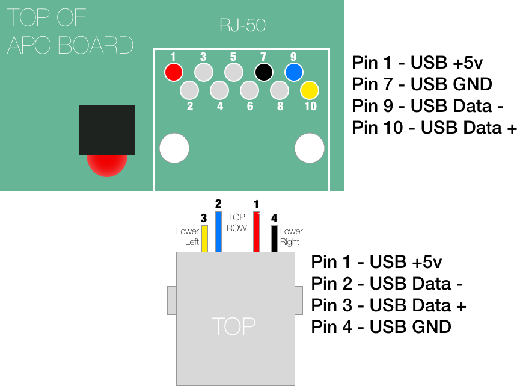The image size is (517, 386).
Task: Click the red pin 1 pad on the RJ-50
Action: (174, 72)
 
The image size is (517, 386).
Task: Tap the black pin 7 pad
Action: (264, 72)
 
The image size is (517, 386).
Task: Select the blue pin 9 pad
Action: (294, 72)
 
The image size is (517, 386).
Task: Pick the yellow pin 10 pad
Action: (310, 90)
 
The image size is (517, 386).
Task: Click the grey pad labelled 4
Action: (219, 90)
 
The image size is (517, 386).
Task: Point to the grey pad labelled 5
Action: (234, 72)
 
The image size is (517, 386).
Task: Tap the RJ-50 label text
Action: (242, 25)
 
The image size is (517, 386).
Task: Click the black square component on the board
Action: (106, 129)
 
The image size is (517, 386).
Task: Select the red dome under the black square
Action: (107, 166)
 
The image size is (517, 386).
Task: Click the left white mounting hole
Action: (174, 148)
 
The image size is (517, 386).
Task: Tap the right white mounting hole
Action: (309, 148)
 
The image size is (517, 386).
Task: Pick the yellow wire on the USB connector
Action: (204, 238)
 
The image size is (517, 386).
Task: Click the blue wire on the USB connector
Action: (218, 231)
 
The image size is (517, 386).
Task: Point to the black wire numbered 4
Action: (274, 238)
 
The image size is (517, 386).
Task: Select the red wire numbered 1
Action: (256, 231)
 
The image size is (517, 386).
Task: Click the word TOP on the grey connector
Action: (234, 326)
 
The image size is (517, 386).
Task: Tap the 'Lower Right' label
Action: (291, 237)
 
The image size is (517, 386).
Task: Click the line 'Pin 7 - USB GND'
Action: (422, 84)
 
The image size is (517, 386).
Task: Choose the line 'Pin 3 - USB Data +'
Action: (389, 305)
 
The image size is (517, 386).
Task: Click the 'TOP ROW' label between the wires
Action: (237, 223)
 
